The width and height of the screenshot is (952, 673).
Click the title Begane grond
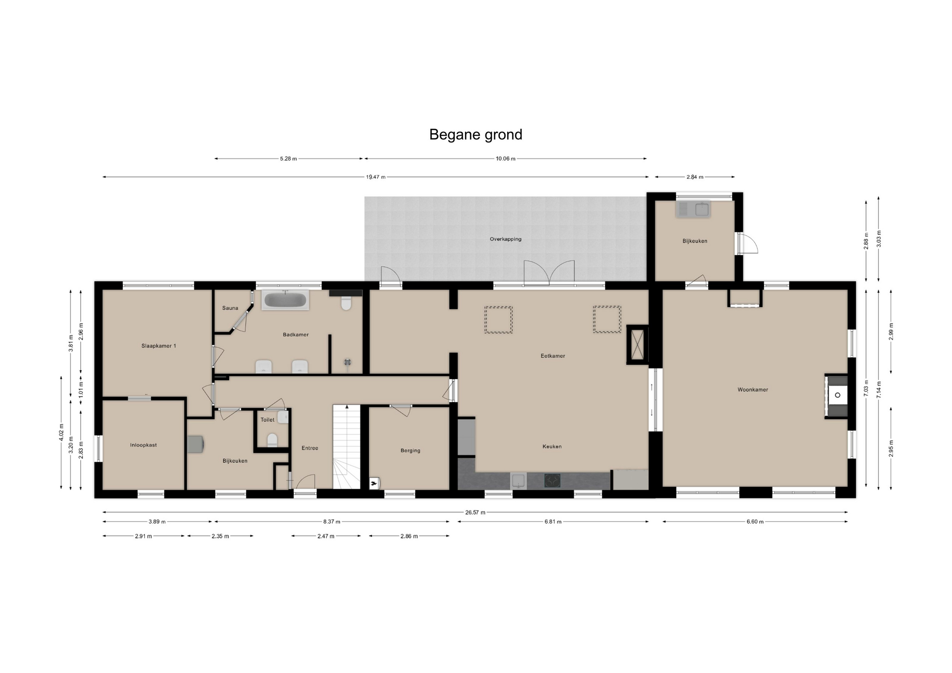[476, 135]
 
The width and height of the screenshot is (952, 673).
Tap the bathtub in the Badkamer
[285, 300]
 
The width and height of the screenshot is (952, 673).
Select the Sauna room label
[230, 308]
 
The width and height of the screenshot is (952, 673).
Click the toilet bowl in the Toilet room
[272, 440]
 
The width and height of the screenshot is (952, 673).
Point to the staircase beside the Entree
[347, 447]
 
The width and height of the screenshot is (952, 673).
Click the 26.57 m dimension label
[475, 512]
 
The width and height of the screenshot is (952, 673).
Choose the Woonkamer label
[753, 390]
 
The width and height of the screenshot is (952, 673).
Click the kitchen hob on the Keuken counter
[552, 480]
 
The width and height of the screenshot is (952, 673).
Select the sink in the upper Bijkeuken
[693, 209]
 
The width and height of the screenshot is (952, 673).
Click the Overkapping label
[505, 239]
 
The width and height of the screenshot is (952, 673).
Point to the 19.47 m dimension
[375, 177]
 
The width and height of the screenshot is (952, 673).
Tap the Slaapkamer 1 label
[159, 346]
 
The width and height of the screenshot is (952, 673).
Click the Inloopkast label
[143, 446]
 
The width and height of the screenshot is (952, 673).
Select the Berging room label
[410, 451]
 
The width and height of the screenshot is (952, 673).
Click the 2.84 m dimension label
[695, 177]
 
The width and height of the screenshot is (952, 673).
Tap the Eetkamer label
[552, 356]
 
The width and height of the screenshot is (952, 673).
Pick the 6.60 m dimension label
[755, 522]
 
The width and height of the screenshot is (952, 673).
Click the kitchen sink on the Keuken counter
[519, 480]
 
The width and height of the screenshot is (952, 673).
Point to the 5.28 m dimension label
[288, 159]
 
